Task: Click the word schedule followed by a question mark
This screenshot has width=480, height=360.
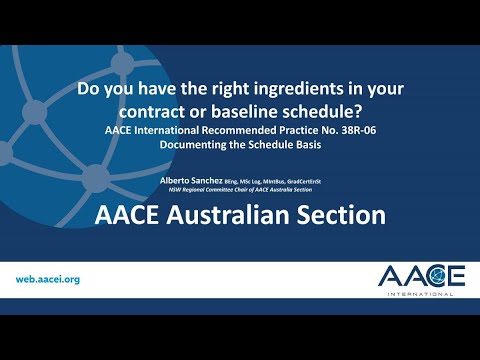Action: click(x=336, y=108)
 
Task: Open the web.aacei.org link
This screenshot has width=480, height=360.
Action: click(x=48, y=279)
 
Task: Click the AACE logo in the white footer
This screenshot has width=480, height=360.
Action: click(x=421, y=275)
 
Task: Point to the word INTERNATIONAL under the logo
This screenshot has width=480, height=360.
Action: click(x=422, y=294)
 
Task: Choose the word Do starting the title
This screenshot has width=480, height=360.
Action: click(x=88, y=88)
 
